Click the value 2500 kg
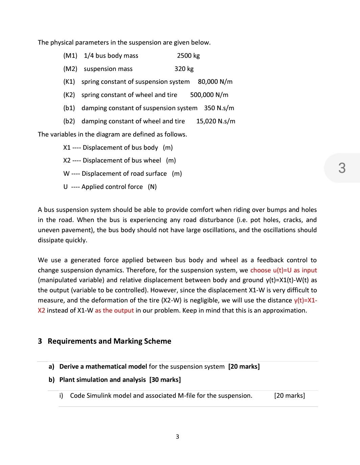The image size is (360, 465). tap(188, 56)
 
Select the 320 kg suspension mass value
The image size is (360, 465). tap(184, 69)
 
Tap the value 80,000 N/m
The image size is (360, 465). tap(215, 82)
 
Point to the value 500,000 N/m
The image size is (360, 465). tap(209, 95)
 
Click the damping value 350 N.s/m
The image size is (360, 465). tap(219, 108)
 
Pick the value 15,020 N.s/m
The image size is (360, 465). tap(216, 121)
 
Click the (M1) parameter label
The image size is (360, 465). tap(70, 56)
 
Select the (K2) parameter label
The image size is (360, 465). tap(69, 95)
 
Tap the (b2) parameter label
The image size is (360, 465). tap(69, 121)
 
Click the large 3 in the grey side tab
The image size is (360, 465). tap(342, 168)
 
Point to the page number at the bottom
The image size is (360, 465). tap(177, 437)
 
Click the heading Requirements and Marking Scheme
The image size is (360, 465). tap(109, 341)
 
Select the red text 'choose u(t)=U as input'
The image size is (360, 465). tap(283, 270)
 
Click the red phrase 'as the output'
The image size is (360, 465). tap(114, 311)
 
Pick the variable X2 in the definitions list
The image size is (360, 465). tap(67, 161)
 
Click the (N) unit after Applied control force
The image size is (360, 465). tap(152, 187)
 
